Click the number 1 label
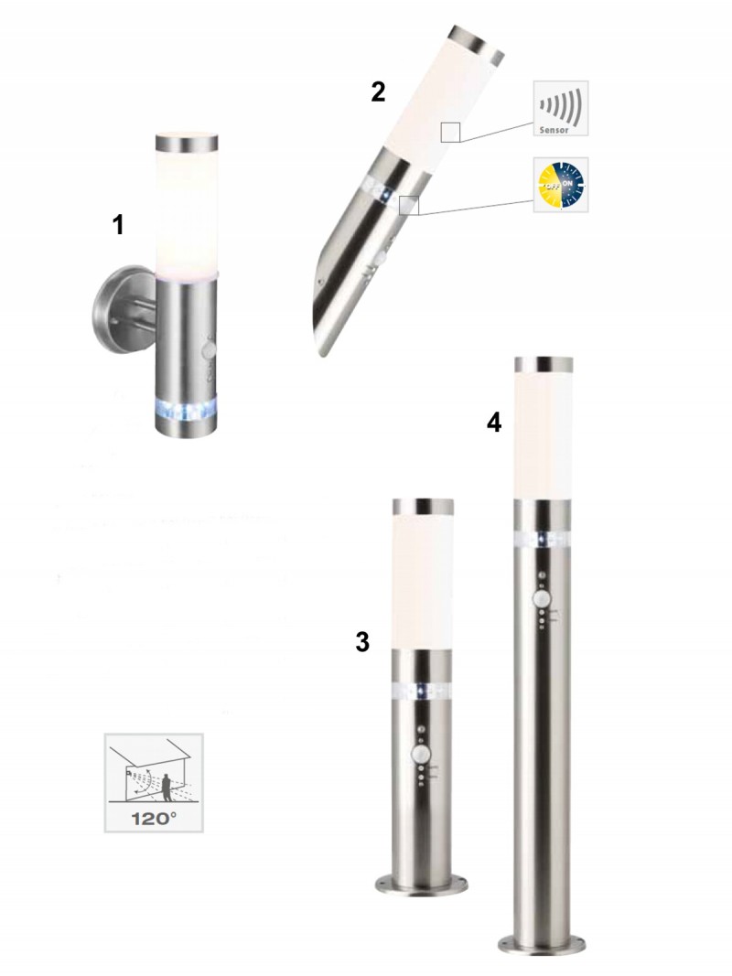point(118,225)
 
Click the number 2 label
point(378,92)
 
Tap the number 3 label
point(362,642)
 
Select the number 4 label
point(493,424)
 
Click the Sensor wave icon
point(560,108)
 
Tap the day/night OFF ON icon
point(560,184)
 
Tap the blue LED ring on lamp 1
point(186,410)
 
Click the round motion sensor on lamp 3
point(422,755)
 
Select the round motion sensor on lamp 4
point(543,600)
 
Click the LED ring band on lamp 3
point(422,691)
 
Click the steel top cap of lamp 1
point(186,144)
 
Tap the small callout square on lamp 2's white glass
point(450,132)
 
